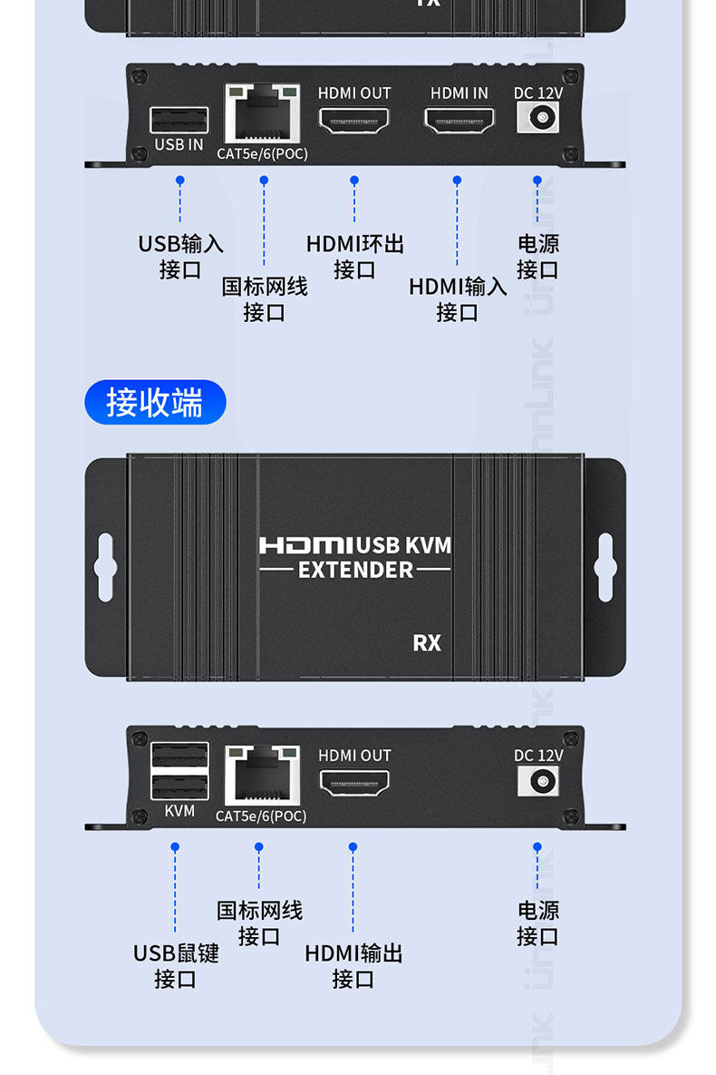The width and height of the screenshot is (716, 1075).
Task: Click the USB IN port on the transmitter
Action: tap(179, 120)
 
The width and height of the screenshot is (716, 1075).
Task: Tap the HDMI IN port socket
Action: tap(460, 120)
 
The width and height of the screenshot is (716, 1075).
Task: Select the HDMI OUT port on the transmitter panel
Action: tap(353, 120)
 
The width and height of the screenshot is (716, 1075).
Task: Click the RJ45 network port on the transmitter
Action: tap(262, 113)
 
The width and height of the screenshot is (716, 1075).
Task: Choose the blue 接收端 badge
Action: tap(154, 403)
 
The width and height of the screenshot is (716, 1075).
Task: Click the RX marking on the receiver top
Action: tap(427, 642)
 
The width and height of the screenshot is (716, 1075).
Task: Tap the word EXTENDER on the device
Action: tap(355, 570)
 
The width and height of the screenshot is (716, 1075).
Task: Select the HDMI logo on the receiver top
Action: tap(306, 545)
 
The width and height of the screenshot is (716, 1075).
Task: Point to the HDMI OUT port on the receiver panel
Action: tap(353, 782)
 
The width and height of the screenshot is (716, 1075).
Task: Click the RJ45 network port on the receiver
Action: tap(262, 776)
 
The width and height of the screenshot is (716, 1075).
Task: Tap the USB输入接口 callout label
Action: tap(179, 257)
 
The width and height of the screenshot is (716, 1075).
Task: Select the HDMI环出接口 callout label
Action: tap(354, 257)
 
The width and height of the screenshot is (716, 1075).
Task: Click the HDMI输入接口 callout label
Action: tap(458, 299)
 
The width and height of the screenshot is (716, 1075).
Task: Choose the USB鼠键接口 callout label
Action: tap(176, 966)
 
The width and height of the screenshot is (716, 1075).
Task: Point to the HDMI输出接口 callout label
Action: tap(353, 966)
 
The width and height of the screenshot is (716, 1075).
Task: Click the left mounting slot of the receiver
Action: tap(105, 568)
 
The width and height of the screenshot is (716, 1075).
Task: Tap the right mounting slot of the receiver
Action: tap(606, 568)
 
